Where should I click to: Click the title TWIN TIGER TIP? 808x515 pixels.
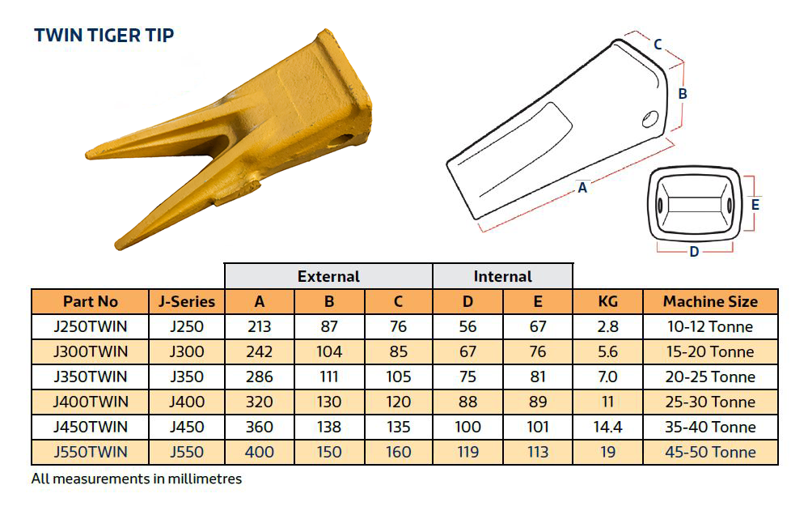point(104,35)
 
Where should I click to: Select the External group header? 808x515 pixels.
point(328,276)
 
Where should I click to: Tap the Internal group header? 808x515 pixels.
point(503,276)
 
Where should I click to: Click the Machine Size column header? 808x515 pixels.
point(710,301)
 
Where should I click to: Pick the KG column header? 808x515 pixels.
point(607,301)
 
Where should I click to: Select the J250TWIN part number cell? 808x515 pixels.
point(90,326)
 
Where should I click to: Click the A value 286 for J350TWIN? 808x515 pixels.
point(259,377)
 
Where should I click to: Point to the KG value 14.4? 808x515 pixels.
point(607,427)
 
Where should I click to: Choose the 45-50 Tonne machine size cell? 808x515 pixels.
point(710,452)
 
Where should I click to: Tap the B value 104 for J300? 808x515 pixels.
point(328,351)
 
